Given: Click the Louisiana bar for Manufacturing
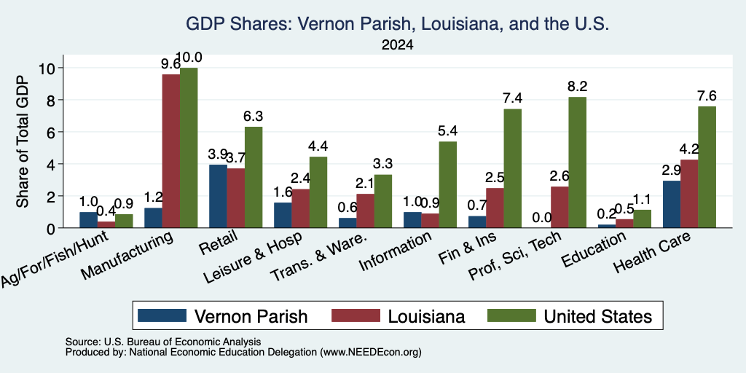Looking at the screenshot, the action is tap(170, 152).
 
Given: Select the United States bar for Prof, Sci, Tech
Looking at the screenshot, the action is tap(577, 162).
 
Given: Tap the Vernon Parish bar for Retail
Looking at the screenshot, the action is tap(218, 196).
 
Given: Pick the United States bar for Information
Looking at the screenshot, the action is tap(448, 184).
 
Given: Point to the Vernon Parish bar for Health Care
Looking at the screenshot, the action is tap(671, 204).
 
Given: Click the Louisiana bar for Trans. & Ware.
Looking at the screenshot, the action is tap(366, 211).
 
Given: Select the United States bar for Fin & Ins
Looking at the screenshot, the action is tap(512, 168).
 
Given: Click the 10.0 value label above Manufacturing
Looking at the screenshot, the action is tap(189, 58).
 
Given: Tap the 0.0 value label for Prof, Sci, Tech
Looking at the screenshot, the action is tap(542, 217).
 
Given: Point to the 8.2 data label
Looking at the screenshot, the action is tap(578, 87).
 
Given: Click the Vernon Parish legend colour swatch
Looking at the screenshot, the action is tap(162, 315).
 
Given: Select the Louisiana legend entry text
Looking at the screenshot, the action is tap(426, 316).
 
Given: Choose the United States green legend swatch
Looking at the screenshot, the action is tap(512, 315).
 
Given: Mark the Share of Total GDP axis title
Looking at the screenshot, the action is tap(23, 141).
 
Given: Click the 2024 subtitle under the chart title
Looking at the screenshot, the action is tap(397, 45).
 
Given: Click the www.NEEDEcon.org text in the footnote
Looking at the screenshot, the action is tap(371, 353).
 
